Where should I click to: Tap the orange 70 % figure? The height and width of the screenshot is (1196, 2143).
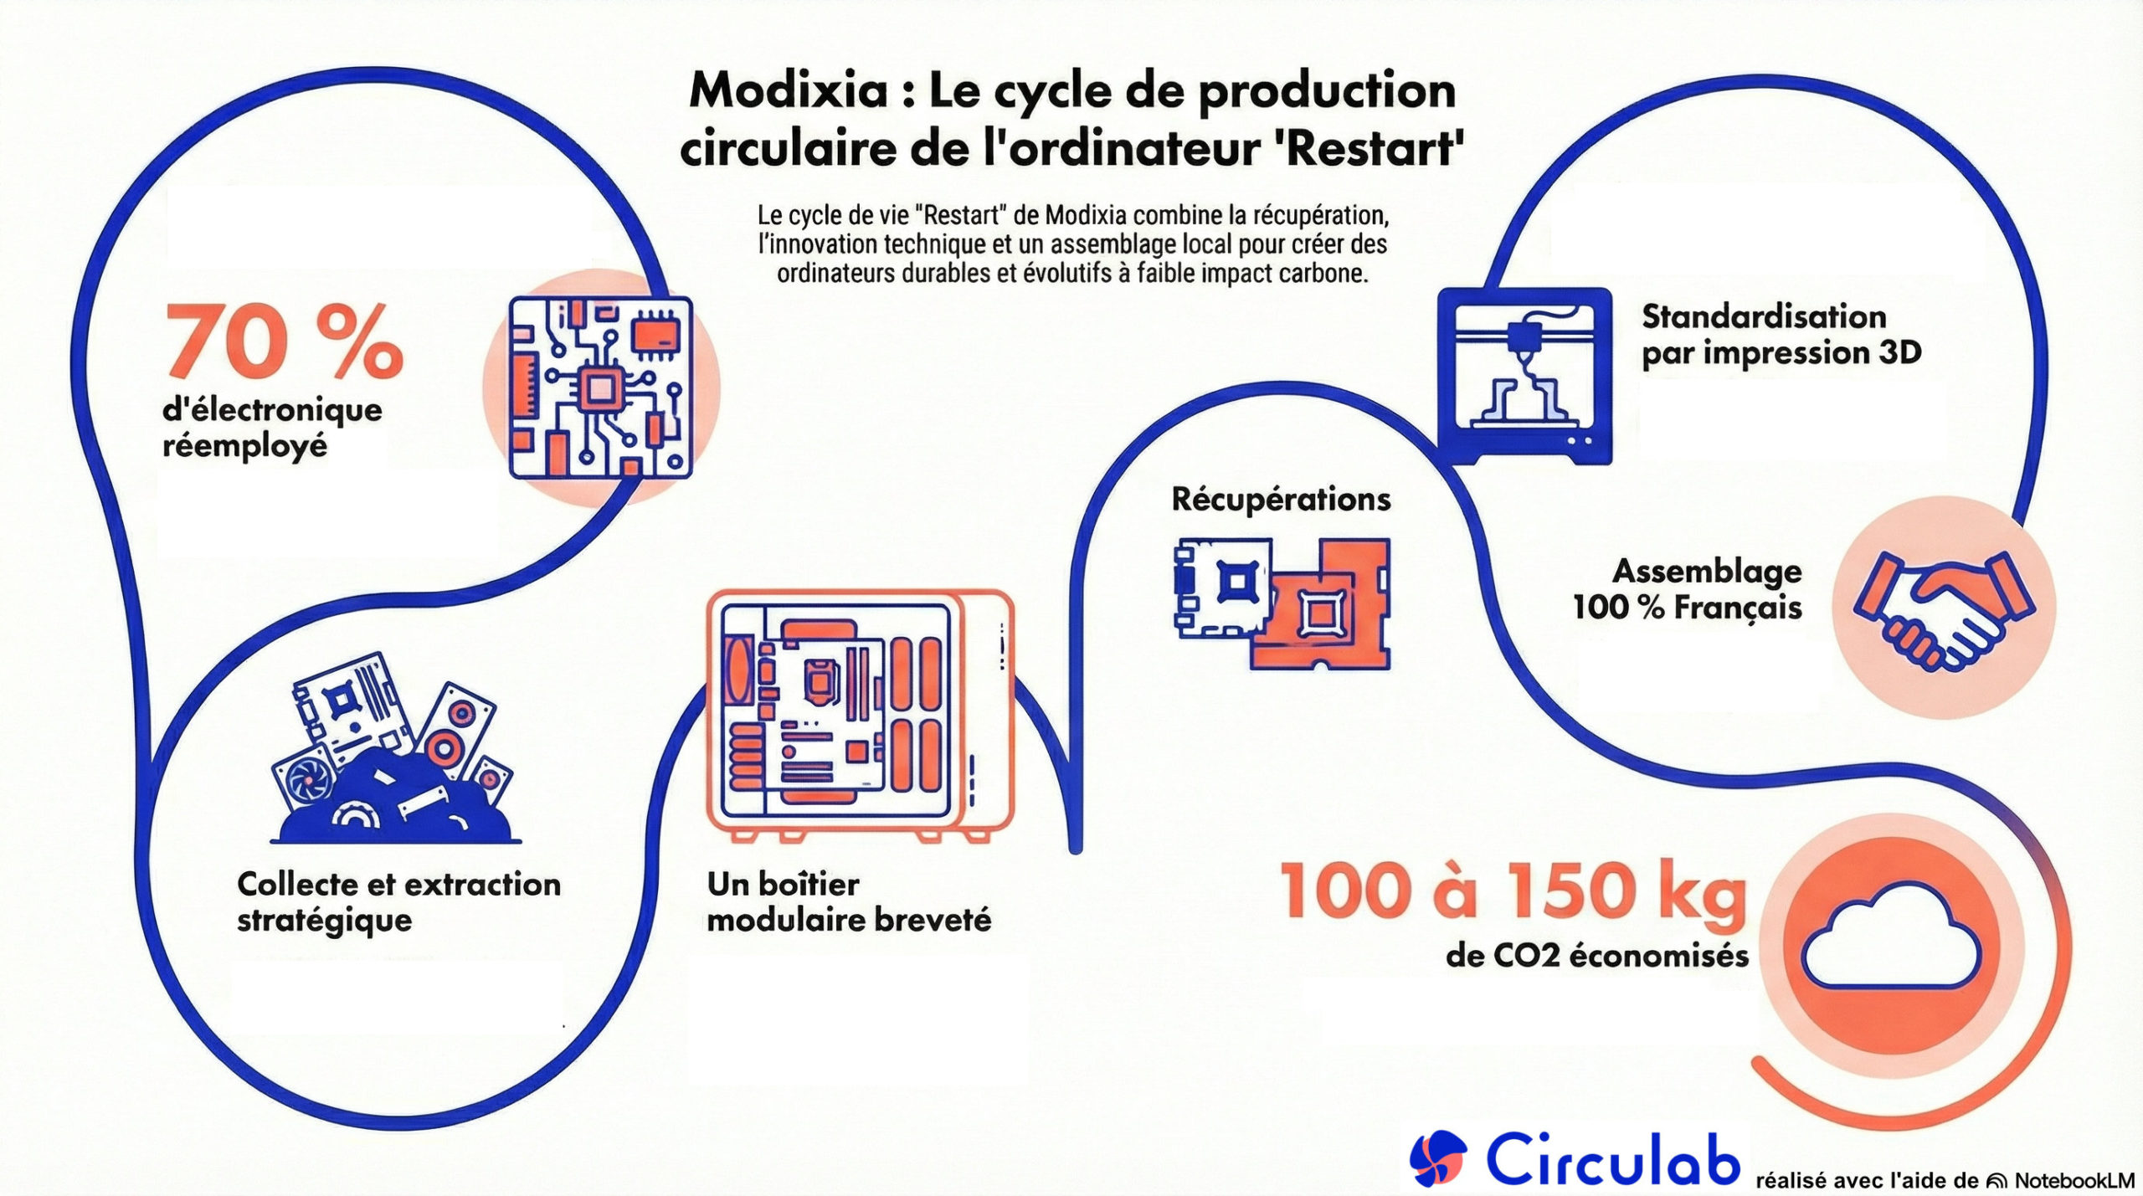pyautogui.click(x=284, y=341)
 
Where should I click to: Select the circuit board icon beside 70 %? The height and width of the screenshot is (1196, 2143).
pyautogui.click(x=600, y=388)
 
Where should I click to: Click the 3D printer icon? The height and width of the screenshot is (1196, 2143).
pyautogui.click(x=1524, y=376)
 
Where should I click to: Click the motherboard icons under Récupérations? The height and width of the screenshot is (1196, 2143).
pyautogui.click(x=1282, y=603)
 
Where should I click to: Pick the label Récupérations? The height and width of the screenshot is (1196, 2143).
pyautogui.click(x=1281, y=500)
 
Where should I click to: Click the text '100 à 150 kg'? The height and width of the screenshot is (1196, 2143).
pyautogui.click(x=1513, y=891)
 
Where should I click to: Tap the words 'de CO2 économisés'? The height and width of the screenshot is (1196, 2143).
pyautogui.click(x=1596, y=956)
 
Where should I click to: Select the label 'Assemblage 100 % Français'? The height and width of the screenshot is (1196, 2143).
pyautogui.click(x=1688, y=589)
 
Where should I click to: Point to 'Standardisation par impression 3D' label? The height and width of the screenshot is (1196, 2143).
pyautogui.click(x=1781, y=335)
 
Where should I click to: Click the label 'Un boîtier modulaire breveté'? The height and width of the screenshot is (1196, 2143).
pyautogui.click(x=848, y=902)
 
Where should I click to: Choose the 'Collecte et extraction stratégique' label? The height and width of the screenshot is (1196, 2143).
pyautogui.click(x=398, y=902)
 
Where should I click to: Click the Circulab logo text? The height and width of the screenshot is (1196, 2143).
pyautogui.click(x=1612, y=1158)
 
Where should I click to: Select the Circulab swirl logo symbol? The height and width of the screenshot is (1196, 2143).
pyautogui.click(x=1437, y=1158)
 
